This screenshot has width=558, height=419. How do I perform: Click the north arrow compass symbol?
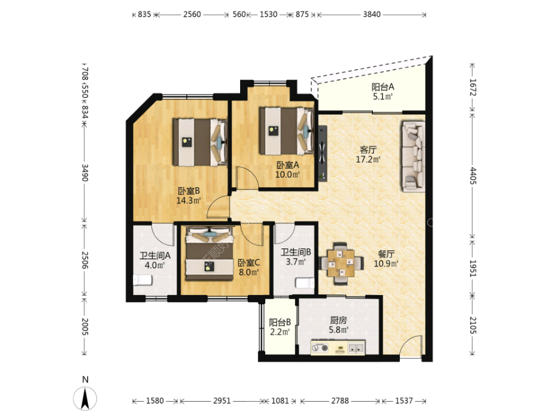tap(85, 398)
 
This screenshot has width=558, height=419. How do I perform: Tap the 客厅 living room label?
tap(368, 150)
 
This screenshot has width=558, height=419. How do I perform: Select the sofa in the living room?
tap(414, 156)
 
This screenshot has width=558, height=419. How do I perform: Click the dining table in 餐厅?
tap(341, 263)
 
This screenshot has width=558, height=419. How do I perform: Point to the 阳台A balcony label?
tap(383, 87)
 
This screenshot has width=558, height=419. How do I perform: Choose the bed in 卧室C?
tap(210, 253)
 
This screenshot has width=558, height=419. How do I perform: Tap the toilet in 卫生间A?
tap(142, 280)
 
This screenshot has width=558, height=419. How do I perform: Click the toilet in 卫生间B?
tap(305, 283)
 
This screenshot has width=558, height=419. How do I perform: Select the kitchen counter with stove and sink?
tap(338, 347)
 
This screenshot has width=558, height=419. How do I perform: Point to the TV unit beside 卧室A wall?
tap(323, 154)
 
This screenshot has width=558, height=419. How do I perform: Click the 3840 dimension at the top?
tap(372, 14)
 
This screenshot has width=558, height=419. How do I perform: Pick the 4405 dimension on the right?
tap(472, 176)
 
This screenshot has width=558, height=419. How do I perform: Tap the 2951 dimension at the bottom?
tap(222, 401)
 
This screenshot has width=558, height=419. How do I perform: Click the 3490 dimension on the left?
tap(84, 172)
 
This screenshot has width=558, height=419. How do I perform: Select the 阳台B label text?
tap(280, 322)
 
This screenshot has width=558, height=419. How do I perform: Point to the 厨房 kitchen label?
tap(338, 320)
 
